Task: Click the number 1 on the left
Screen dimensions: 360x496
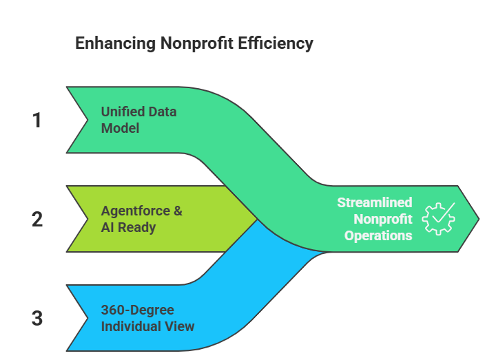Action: [37, 120]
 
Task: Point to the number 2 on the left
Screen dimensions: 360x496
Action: [37, 220]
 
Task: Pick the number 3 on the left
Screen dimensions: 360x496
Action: [37, 319]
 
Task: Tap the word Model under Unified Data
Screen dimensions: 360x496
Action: [120, 129]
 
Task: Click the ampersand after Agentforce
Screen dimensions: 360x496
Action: [178, 211]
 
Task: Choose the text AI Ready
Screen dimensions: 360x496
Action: [129, 228]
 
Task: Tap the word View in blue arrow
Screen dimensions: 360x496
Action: [179, 326]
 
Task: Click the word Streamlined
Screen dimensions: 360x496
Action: [374, 202]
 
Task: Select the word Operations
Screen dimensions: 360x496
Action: [378, 235]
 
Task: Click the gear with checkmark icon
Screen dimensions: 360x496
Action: [438, 219]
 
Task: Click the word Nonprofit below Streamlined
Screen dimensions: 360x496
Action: [382, 219]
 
